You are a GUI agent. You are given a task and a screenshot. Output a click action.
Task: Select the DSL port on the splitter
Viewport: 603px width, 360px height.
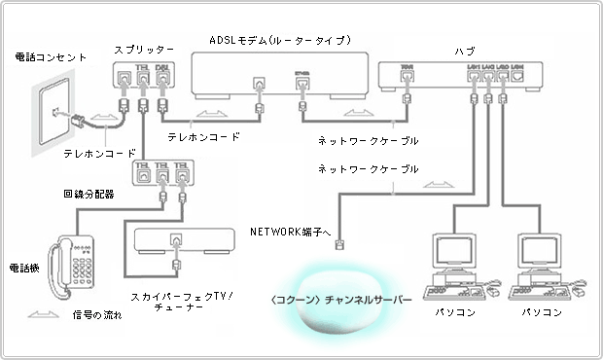click(164, 75)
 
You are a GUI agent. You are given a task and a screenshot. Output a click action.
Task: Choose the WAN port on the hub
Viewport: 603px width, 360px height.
click(408, 71)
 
